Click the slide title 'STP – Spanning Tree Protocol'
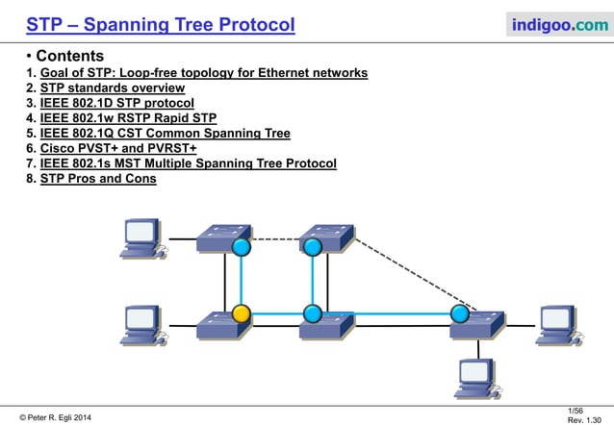161,24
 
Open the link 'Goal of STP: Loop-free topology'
203,73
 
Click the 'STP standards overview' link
113,88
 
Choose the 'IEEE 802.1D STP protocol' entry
116,103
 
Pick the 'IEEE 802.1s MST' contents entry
188,163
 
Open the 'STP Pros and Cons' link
98,178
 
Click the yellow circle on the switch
242,313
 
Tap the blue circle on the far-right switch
460,313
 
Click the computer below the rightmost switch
475,377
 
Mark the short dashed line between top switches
276,239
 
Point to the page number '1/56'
576,410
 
